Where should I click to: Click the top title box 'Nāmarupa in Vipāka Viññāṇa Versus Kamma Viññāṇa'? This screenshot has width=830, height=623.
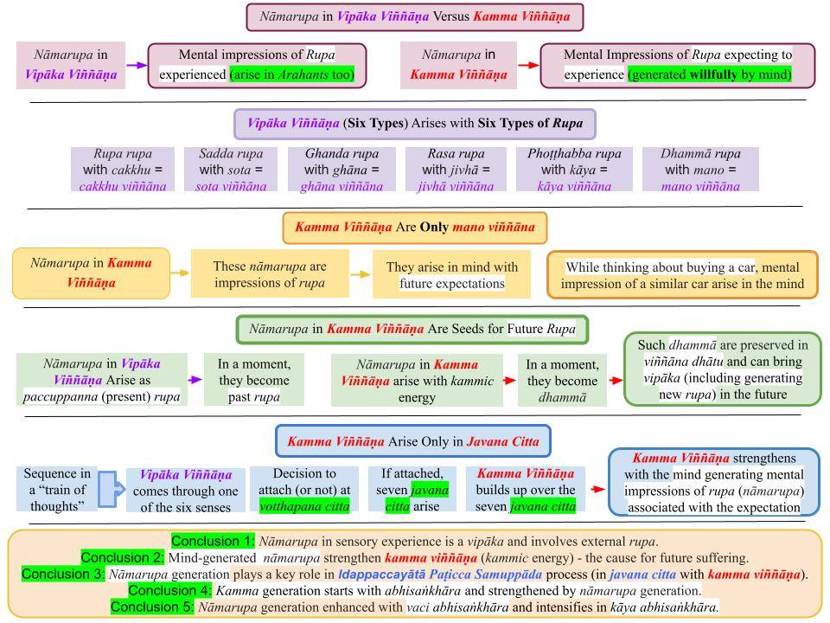coord(414,16)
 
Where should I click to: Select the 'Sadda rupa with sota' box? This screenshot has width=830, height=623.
coord(230,170)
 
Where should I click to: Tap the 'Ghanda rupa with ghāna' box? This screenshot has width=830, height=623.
coord(342,170)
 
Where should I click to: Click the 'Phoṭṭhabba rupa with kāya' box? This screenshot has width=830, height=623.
coord(574,170)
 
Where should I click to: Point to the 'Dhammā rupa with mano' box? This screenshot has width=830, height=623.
coord(700,170)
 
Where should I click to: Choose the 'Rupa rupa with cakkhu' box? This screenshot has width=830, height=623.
coord(122,170)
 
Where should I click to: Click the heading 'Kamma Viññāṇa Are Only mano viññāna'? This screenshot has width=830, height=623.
coord(414,228)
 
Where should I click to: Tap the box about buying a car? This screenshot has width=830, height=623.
coord(682,275)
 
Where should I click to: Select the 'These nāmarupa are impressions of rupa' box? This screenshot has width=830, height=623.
coord(270,274)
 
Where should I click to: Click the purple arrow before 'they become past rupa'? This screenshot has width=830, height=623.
coord(194,379)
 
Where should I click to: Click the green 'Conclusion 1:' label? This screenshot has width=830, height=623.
coord(213,542)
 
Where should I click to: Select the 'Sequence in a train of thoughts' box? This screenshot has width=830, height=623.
coord(57,489)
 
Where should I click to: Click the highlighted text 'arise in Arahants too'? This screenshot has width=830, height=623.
coord(292,74)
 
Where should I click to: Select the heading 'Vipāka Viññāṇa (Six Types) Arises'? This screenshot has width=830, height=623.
coord(414,124)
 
